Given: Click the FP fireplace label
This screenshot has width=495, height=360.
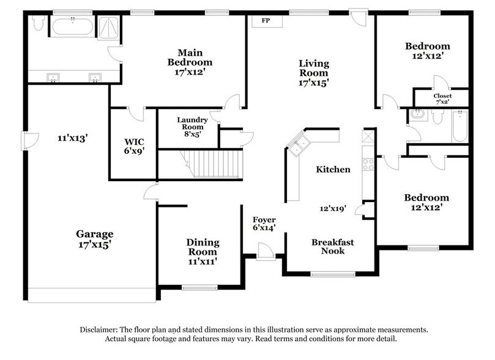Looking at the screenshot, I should (x=266, y=21).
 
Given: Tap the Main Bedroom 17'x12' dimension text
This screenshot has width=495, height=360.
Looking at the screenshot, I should (x=190, y=72).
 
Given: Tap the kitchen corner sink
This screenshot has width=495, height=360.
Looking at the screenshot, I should (x=299, y=145).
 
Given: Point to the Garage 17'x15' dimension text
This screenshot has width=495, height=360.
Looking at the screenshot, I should (x=95, y=244).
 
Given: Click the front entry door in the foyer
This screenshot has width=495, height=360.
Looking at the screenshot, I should (x=266, y=250).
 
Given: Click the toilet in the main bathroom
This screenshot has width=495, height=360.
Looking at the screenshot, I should (x=38, y=23).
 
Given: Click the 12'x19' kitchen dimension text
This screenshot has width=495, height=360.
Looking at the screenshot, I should (x=333, y=209).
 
